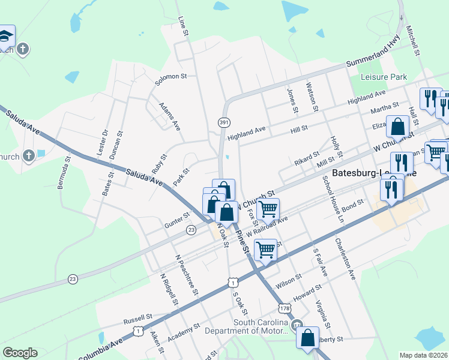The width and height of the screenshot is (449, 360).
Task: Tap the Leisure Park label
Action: click(384, 77)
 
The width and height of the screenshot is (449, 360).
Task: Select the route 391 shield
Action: click(224, 122)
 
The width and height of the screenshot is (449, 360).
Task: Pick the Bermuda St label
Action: click(64, 173)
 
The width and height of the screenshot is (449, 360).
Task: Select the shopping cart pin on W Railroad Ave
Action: click(268, 209)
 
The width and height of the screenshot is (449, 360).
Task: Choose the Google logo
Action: click(20, 353)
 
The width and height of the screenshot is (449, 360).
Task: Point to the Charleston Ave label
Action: click(345, 259)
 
